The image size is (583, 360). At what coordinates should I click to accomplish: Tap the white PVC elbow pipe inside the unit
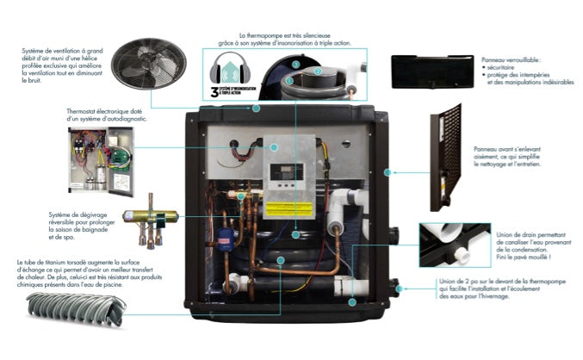click(x=354, y=200)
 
